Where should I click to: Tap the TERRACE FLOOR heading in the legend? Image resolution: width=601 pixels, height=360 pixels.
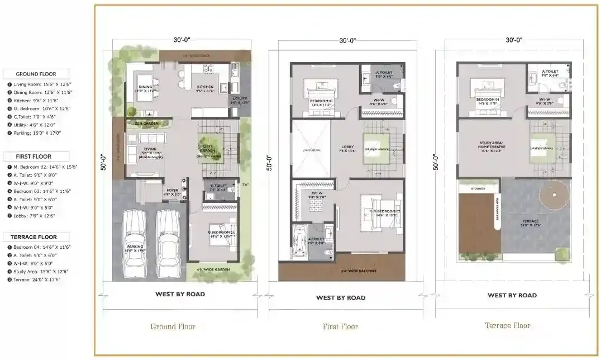pos(36,237)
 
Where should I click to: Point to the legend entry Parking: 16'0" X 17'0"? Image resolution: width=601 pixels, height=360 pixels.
pos(37,133)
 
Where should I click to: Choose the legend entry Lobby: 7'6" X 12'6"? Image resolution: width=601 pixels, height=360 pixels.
pos(35,215)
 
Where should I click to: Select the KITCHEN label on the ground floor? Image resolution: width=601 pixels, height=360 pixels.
pos(205,87)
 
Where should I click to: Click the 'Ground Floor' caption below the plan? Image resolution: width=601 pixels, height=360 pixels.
pos(173,326)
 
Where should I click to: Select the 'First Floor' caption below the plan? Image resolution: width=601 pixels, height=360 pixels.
pos(340,326)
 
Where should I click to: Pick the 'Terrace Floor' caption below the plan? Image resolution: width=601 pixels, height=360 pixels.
pos(507,325)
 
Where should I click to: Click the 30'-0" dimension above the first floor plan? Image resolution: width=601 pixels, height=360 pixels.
pos(347,40)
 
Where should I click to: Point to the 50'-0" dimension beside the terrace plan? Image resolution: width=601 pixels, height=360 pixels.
pos(435,163)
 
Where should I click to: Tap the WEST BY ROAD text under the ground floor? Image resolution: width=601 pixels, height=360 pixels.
pos(180,294)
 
